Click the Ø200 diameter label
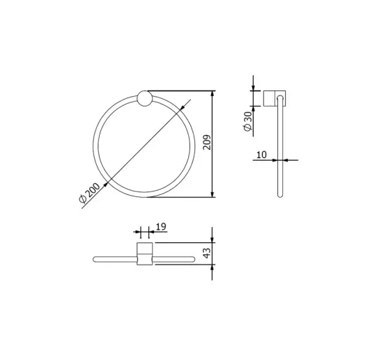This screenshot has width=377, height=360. coord(89,192)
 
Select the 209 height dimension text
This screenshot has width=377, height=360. coord(207,142)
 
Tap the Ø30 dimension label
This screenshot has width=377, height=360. coord(247,121)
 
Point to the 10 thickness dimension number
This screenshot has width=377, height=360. coord(261,155)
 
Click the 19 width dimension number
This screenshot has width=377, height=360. coord(161,226)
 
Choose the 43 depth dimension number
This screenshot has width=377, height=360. coord(207,253)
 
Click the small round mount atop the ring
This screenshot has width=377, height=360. coord(144,99)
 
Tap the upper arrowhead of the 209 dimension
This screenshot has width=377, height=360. coord(212,94)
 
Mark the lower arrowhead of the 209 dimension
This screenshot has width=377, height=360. coord(212,194)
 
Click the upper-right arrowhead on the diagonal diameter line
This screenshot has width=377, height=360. coord(183,108)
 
